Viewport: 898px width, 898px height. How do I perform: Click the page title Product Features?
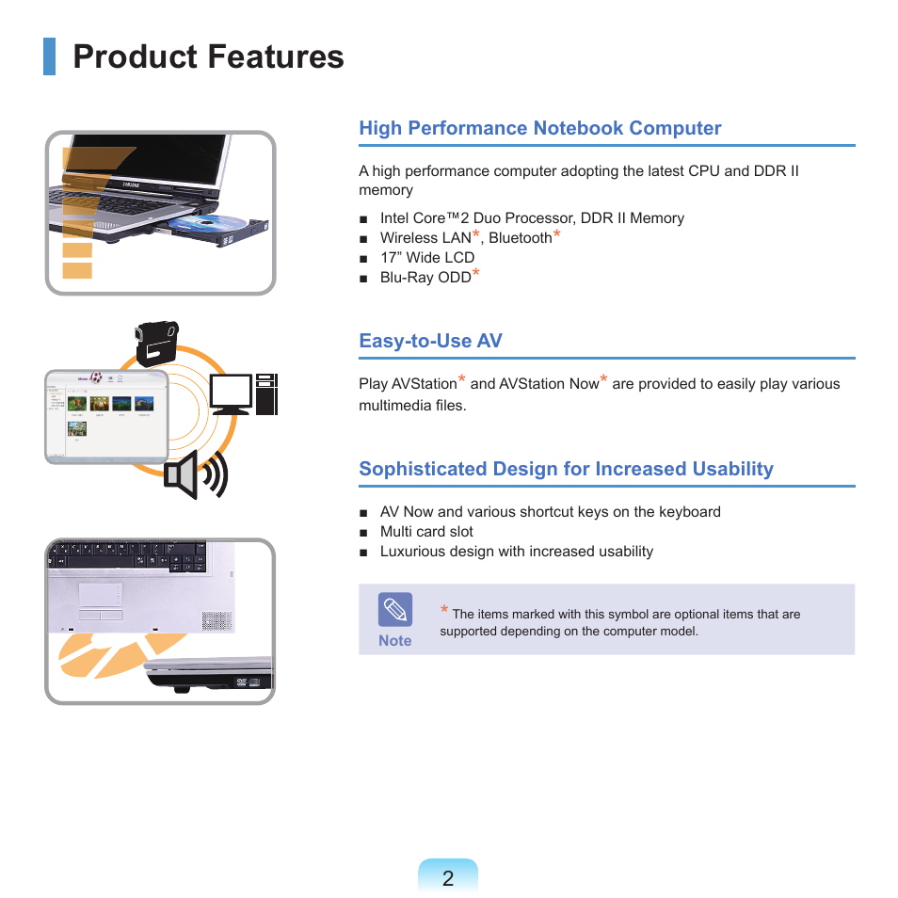coord(208,56)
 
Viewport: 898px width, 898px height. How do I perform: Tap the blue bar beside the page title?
coord(49,56)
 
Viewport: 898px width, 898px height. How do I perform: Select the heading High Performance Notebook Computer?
coord(540,128)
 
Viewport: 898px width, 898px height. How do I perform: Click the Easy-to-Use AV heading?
coord(431,341)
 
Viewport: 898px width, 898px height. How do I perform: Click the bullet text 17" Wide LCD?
coord(427,258)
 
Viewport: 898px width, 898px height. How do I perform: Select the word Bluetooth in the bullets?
coord(520,237)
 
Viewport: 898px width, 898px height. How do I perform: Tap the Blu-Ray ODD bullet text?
coord(425,277)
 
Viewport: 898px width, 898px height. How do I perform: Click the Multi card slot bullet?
coord(426,532)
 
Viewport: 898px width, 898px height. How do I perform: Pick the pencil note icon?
coord(395,609)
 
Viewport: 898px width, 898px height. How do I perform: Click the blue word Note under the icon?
coord(395,641)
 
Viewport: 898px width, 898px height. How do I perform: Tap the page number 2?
coord(448,878)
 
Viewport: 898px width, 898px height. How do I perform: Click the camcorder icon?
coord(156,343)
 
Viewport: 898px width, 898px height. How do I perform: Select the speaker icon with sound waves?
coord(196,474)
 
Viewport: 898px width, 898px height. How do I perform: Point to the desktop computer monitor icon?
coord(231,394)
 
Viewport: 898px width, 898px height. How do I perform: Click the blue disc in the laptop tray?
coord(207,223)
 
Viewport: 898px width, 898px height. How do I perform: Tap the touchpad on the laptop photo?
coord(100,596)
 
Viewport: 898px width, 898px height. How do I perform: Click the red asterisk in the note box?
coord(444,609)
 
